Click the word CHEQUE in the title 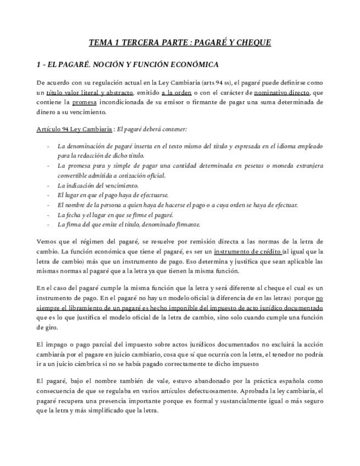[x=252, y=43]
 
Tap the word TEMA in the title [x=101, y=43]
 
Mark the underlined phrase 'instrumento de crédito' [x=252, y=251]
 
